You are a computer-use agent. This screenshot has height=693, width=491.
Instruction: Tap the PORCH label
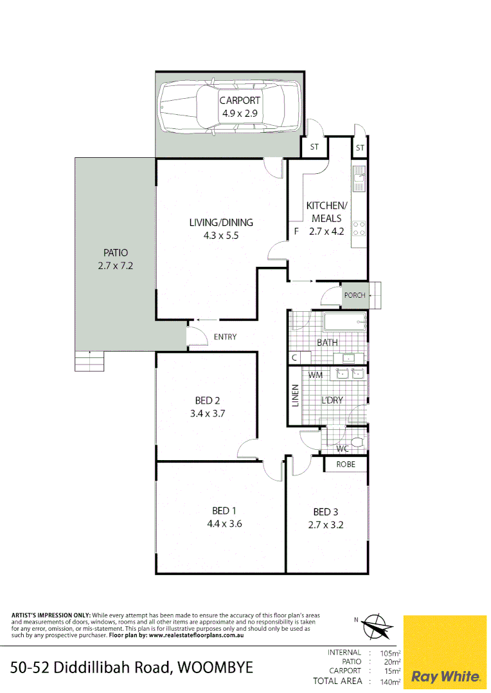point(354,296)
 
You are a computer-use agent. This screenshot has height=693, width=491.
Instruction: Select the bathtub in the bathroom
point(344,323)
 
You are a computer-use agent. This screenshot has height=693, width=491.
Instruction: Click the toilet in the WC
point(357,441)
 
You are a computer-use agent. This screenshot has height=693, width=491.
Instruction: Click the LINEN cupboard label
point(296,396)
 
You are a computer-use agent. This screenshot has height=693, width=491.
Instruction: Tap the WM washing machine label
point(316,375)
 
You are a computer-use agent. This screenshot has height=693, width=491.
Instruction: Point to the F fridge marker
point(296,231)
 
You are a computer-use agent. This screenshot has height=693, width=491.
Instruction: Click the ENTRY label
point(225,337)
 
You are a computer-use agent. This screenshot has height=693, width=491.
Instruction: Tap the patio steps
point(89,362)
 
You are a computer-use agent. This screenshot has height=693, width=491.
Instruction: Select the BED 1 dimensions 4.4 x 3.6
point(224,524)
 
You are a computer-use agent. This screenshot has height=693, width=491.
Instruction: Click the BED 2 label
point(208,401)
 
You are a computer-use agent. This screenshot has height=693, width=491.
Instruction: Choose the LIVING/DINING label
point(221,223)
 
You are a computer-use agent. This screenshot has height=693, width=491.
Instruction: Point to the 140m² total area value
point(390,681)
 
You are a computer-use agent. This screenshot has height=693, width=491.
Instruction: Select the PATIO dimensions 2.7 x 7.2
point(116,265)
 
